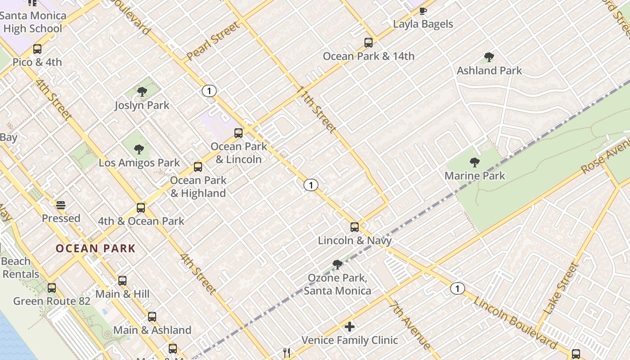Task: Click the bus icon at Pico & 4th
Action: coord(37,49)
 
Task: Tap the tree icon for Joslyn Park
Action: coord(142,92)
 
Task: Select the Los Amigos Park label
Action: coord(139,163)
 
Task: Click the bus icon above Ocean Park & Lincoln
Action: coord(238,133)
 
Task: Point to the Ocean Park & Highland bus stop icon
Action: coord(198,167)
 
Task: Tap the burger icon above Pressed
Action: coord(61,205)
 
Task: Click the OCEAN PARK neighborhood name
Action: coord(95,248)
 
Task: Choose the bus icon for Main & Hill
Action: coord(122,281)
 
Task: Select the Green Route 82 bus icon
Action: coord(52,288)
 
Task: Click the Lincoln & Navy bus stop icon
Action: coord(355,227)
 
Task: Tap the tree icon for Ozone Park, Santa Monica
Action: coord(337,265)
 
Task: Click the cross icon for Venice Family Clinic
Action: coord(350,326)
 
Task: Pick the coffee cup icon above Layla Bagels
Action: coord(423,11)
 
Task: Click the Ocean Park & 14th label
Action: coord(369,56)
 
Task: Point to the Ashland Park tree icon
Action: coord(489,57)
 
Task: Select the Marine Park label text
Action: coord(475,176)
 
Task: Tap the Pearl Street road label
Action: coord(213,41)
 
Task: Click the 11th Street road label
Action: coord(316,110)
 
